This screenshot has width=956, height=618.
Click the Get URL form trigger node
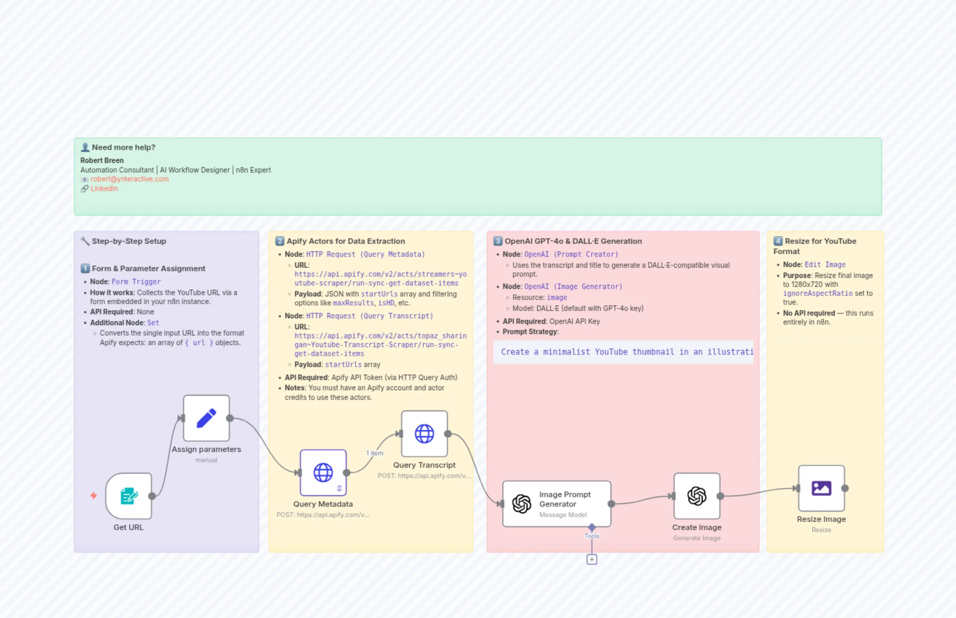[x=129, y=496]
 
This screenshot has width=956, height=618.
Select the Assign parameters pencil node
[x=207, y=418]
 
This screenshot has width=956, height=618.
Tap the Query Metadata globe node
[x=323, y=473]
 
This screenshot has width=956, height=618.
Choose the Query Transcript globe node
[x=424, y=434]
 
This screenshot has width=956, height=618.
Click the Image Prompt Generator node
[x=557, y=504]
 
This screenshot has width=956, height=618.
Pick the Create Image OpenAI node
[x=697, y=496]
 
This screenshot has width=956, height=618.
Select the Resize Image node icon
[x=821, y=488]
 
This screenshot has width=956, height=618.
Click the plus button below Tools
[x=592, y=559]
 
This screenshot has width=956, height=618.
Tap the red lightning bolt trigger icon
[x=93, y=496]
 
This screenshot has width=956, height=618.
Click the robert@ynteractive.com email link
[x=130, y=179]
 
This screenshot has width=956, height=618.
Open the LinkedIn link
[x=104, y=189]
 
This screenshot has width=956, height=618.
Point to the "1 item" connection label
[x=375, y=453]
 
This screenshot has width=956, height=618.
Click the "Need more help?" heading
[x=124, y=147]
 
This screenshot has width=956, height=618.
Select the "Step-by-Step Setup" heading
[x=129, y=241]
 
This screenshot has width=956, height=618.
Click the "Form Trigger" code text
[x=136, y=282]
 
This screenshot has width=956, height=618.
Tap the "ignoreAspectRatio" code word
[x=818, y=293]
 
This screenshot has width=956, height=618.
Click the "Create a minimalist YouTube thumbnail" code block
[x=623, y=352]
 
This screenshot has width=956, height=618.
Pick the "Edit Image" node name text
[x=825, y=264]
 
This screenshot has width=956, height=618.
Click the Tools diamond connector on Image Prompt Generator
[x=592, y=527]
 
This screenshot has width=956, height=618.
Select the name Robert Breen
[x=102, y=160]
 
